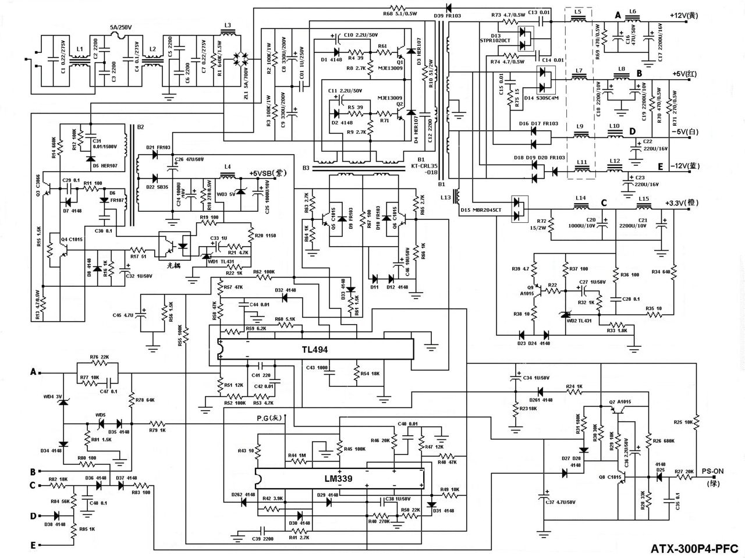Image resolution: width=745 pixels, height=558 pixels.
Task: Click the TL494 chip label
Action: pyautogui.click(x=315, y=350)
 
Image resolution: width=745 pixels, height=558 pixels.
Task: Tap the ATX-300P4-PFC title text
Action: pyautogui.click(x=693, y=548)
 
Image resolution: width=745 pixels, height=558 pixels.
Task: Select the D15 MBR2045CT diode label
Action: pyautogui.click(x=480, y=209)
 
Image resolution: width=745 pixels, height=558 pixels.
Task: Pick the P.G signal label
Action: pyautogui.click(x=269, y=418)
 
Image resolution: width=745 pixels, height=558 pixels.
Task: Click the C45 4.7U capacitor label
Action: pyautogui.click(x=123, y=315)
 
